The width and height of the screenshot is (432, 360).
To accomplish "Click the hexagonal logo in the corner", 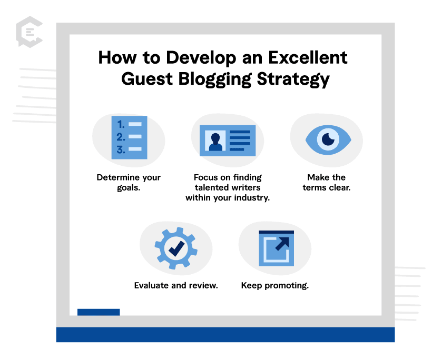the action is (29, 32).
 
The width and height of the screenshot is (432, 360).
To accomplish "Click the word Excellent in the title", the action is (308, 57).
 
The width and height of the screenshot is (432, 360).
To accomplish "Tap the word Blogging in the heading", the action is (215, 79).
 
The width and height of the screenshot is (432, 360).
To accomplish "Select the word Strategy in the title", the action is (293, 79).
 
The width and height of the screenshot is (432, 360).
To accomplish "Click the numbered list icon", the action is (129, 137).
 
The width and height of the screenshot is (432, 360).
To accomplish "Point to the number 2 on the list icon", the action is (121, 137).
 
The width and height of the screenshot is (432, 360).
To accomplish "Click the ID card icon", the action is (228, 141).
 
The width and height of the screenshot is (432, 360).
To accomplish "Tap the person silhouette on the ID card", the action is (215, 142).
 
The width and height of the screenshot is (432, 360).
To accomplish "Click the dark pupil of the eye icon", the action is (328, 139).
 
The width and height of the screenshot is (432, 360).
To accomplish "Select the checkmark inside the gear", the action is (176, 248).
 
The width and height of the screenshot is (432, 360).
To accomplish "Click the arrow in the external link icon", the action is (282, 244).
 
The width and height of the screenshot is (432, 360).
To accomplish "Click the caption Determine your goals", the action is (129, 182).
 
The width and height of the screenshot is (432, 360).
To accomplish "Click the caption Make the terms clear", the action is (327, 182).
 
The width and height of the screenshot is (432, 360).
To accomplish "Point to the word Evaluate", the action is (152, 285).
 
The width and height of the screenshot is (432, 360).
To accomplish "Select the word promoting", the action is (287, 286).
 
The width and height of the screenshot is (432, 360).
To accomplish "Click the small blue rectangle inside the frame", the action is (99, 312).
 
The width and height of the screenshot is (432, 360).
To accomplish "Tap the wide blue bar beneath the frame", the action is (225, 335).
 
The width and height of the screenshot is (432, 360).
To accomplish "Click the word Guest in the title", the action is (147, 79).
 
